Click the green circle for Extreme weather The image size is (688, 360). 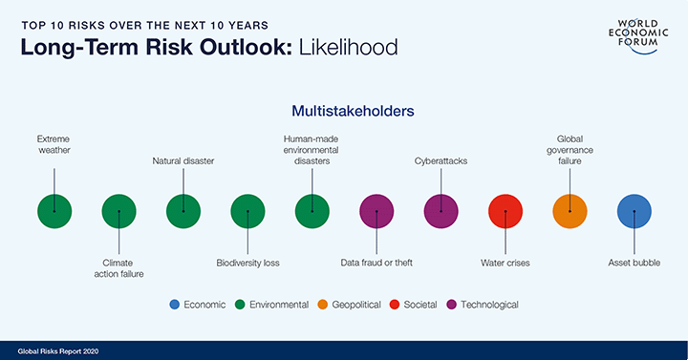[x=54, y=211]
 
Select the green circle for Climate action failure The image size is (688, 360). [x=118, y=211]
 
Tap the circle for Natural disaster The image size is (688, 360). [x=183, y=211]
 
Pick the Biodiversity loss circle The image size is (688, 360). [x=247, y=211]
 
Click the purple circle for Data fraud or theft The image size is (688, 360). [x=376, y=211]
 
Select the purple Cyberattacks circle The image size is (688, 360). [x=441, y=211]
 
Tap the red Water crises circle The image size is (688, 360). [x=505, y=211]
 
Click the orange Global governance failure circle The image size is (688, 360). [x=570, y=211]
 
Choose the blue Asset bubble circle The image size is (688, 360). [x=634, y=211]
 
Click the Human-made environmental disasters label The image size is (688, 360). [x=312, y=150]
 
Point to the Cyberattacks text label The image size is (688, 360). [x=441, y=161]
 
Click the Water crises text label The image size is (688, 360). [x=505, y=262]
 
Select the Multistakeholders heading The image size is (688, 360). [x=345, y=111]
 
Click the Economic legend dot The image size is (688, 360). [x=174, y=305]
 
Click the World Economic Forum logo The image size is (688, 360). [x=634, y=33]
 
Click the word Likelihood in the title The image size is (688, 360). [x=339, y=48]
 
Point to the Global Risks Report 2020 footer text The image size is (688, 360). [x=58, y=350]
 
